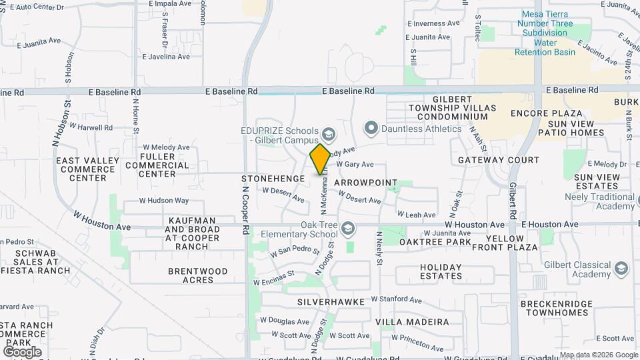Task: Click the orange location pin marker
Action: [320, 159]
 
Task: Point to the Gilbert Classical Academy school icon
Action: [621, 268]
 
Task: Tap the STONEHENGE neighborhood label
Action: [273, 179]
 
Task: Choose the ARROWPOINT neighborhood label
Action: [365, 183]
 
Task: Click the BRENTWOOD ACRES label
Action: [198, 275]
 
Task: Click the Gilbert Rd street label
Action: [514, 202]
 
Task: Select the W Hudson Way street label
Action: [164, 201]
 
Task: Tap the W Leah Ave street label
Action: [417, 215]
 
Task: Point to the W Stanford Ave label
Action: [397, 300]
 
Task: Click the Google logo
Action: [22, 351]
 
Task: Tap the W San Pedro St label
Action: [295, 251]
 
